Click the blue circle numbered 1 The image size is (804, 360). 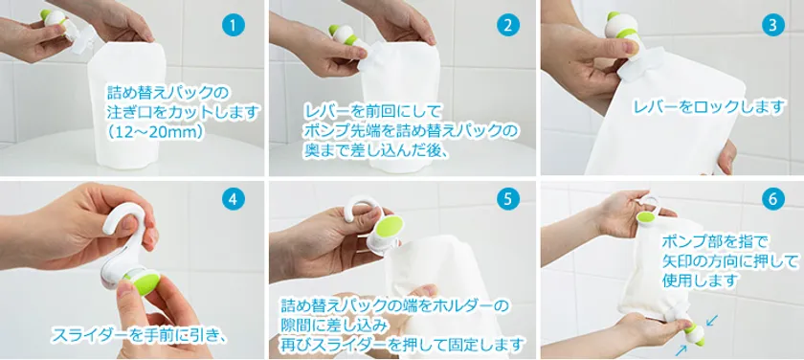click(x=234, y=26)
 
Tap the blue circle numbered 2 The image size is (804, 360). click(x=507, y=26)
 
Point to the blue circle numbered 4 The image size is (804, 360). click(x=234, y=199)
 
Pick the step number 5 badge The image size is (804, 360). click(x=507, y=199)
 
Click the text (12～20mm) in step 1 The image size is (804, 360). click(x=156, y=131)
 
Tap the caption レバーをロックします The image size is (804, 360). click(x=709, y=107)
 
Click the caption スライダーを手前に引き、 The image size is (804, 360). click(x=140, y=335)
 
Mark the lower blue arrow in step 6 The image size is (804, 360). click(x=681, y=349)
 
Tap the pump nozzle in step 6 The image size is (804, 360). click(x=693, y=333)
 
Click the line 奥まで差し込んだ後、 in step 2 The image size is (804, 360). click(x=371, y=153)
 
